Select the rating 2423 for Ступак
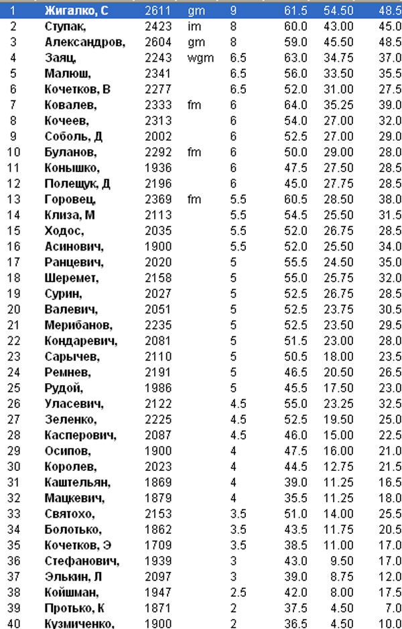[158, 27]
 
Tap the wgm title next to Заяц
[200, 58]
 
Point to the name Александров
[85, 42]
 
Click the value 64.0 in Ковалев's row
[295, 105]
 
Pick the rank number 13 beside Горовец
[15, 200]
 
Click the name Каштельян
[78, 482]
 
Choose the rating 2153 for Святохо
[158, 513]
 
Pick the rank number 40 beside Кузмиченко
[15, 623]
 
